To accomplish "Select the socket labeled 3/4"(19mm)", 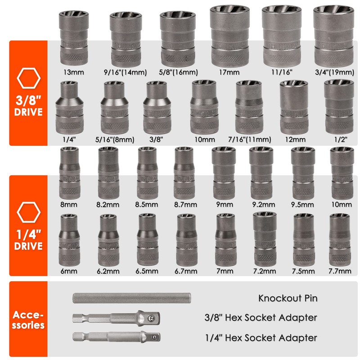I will pos(333,36).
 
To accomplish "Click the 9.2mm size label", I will pos(261,205).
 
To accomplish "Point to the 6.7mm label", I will pos(186,271).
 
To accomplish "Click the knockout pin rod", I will pos(132,298).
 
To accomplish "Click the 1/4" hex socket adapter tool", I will pos(116,337).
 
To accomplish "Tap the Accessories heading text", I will pos(28,319).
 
